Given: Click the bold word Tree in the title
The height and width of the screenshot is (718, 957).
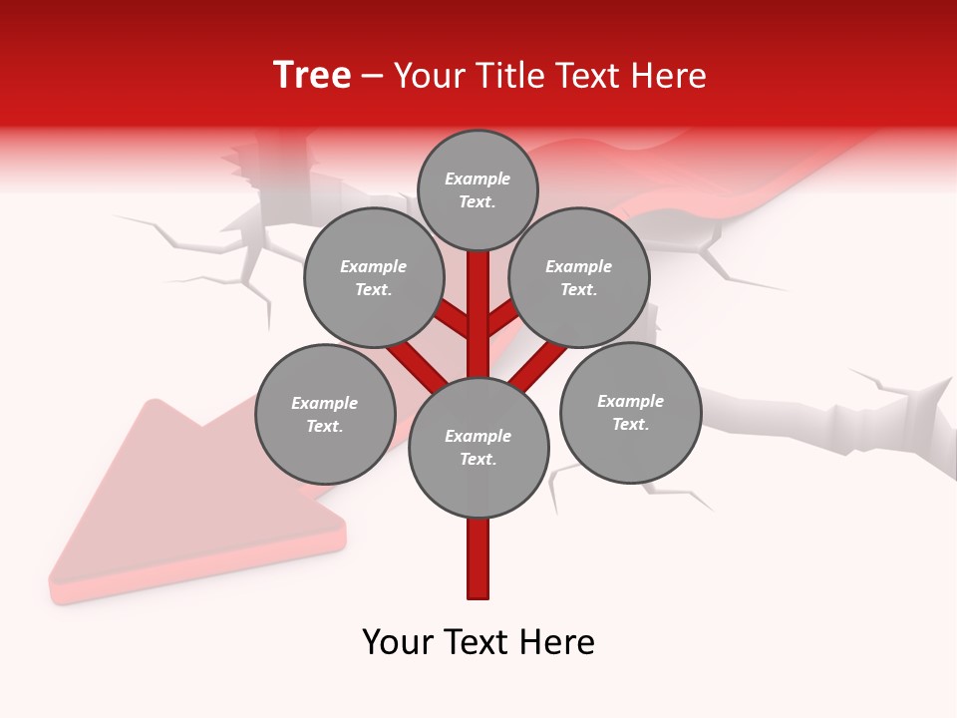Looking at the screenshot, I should click(x=312, y=76).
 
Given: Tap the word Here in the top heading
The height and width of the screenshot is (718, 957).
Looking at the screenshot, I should click(x=668, y=76).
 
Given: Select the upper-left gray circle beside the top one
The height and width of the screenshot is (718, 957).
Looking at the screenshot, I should click(x=374, y=277).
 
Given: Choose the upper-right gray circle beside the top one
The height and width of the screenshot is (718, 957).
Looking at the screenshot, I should click(x=579, y=277).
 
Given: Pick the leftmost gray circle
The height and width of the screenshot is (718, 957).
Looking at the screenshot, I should click(x=325, y=414).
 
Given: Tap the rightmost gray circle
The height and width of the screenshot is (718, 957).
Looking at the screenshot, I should click(x=630, y=412).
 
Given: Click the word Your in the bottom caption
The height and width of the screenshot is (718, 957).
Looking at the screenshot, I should click(x=397, y=642).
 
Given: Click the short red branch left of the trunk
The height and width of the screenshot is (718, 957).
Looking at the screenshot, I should click(x=455, y=321).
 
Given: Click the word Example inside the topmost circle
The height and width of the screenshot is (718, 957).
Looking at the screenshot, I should click(x=478, y=179).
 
